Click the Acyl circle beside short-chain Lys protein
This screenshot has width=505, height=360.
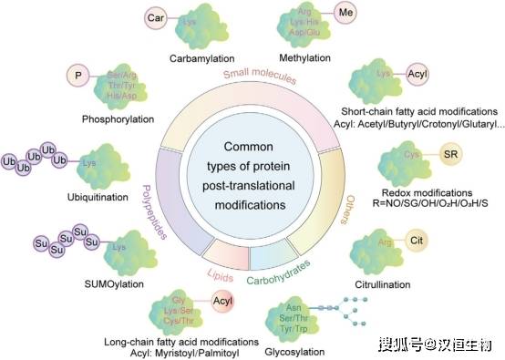click(x=417, y=76)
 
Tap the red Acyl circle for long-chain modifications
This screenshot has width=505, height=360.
click(x=223, y=302)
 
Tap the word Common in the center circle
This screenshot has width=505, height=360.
click(x=252, y=146)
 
